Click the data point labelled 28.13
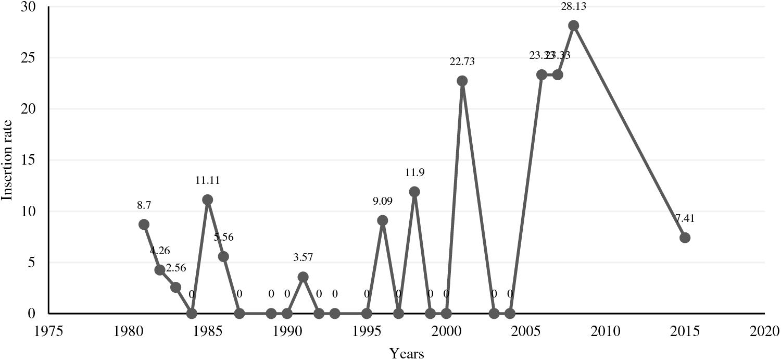[573, 26]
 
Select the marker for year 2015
[685, 238]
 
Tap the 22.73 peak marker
[462, 81]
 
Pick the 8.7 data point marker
[144, 225]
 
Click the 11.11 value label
[207, 180]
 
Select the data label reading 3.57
[303, 257]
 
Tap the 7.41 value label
[685, 218]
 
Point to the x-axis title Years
[407, 353]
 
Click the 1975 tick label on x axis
[48, 330]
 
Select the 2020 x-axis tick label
[764, 330]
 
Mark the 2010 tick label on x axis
[605, 330]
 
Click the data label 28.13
[574, 6]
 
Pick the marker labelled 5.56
[223, 256]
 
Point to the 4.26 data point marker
[160, 270]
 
